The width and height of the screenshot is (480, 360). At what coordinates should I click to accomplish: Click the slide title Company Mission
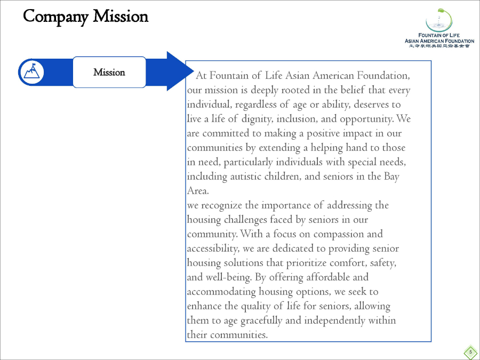click(x=86, y=17)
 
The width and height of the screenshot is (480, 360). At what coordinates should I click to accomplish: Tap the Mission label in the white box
click(x=109, y=72)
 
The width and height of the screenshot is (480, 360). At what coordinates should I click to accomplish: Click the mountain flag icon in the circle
click(x=31, y=72)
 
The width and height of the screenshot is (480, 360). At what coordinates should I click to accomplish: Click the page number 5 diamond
click(x=470, y=351)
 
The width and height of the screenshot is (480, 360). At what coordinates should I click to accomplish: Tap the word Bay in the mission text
click(x=391, y=176)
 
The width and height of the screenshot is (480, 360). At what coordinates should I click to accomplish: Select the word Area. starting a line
click(x=198, y=190)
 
